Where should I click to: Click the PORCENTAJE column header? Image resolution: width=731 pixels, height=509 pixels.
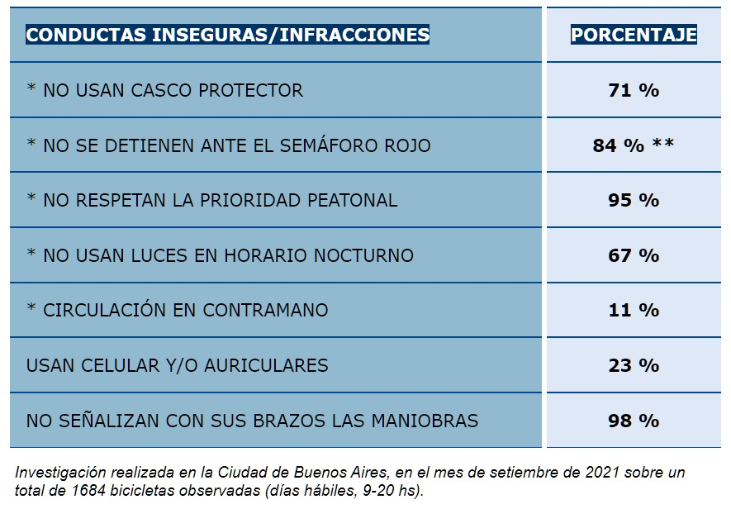(634, 35)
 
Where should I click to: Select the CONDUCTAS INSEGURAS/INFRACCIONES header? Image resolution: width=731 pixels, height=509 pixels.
(228, 35)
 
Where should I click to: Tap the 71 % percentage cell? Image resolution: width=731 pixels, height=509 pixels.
(634, 90)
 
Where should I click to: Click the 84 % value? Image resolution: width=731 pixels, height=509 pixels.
(618, 145)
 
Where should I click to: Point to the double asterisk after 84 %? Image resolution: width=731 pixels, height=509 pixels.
(663, 145)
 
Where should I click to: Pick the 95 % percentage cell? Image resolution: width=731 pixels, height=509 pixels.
(634, 200)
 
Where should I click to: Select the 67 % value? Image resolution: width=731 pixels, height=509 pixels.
(634, 255)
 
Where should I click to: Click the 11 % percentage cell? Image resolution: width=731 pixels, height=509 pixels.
(634, 310)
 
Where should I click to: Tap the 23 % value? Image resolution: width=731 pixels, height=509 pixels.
(634, 365)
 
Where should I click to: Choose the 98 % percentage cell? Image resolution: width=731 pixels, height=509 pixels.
(634, 421)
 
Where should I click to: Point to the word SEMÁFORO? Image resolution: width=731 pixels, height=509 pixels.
(329, 145)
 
